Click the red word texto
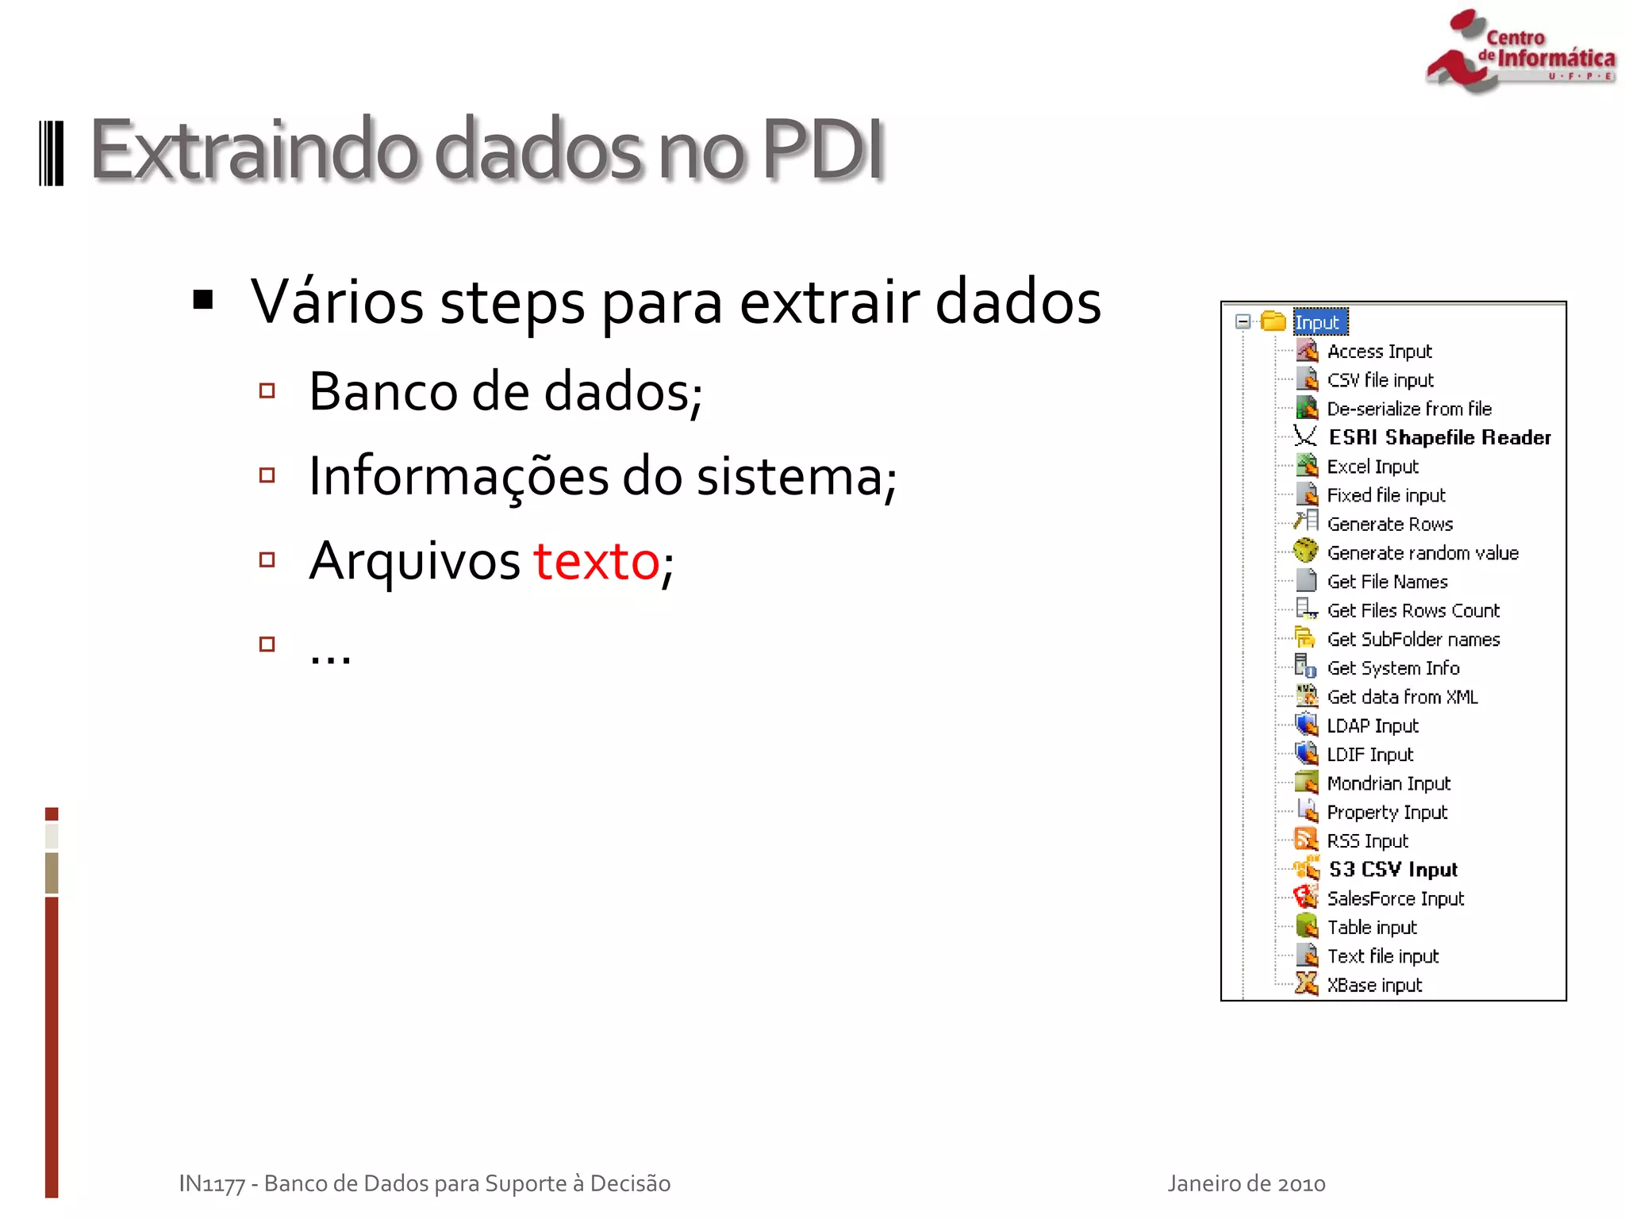[x=596, y=561]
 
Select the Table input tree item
[x=1371, y=927]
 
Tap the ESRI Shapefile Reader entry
[x=1439, y=437]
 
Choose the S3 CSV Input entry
[x=1393, y=870]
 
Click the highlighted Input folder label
[x=1320, y=322]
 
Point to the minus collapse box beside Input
[x=1243, y=321]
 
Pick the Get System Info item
[x=1393, y=668]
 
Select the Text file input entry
[x=1382, y=956]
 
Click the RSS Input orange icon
[x=1305, y=840]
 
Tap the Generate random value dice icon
[x=1305, y=552]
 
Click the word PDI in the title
[x=823, y=149]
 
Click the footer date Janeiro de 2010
[x=1246, y=1183]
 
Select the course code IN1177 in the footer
[x=212, y=1183]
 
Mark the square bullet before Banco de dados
[x=267, y=390]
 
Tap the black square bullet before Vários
[x=204, y=300]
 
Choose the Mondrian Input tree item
[x=1388, y=783]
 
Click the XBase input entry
[x=1374, y=985]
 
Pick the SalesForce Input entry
[x=1395, y=898]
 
